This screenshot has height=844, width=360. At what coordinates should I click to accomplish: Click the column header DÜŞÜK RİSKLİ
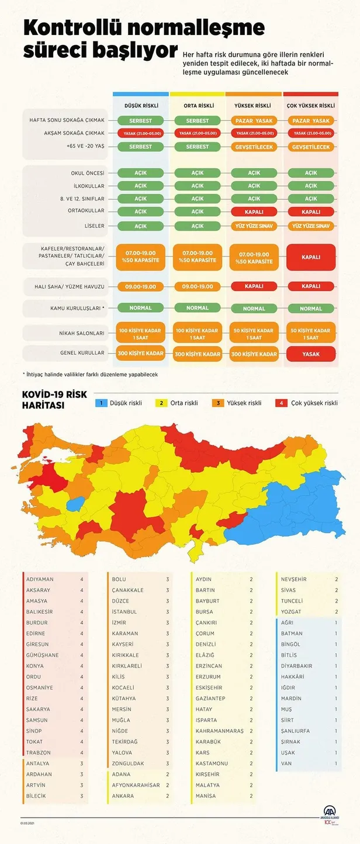point(140,106)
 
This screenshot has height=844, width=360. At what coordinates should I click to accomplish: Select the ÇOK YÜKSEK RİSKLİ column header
point(311,106)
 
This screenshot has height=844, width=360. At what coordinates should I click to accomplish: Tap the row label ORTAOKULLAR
point(86,211)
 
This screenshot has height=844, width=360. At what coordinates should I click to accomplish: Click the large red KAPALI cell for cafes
point(311,257)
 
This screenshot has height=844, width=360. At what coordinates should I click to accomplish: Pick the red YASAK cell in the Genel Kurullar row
point(311,354)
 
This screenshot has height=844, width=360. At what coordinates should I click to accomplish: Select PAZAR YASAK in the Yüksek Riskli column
point(254,120)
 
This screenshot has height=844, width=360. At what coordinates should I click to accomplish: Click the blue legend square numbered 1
point(101,403)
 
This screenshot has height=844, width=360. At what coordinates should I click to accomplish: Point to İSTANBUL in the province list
point(124,611)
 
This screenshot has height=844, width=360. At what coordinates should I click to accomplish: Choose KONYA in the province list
point(36,666)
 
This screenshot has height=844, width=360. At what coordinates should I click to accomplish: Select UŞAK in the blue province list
point(288,752)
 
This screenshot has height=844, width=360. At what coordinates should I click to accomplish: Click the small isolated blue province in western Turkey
point(74,503)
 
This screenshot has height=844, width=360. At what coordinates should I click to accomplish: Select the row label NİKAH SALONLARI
point(82,333)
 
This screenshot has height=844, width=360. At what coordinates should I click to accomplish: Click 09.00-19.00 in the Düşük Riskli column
point(140,286)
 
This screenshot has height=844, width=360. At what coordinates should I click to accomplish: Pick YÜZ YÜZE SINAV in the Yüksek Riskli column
point(254,226)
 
